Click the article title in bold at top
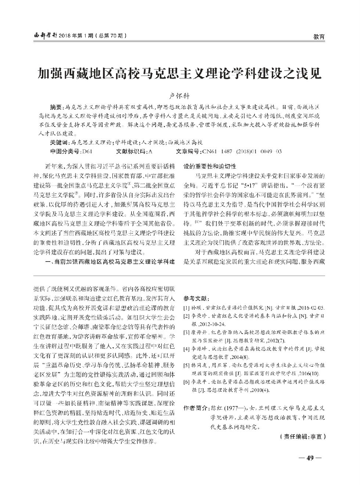(x=180, y=74)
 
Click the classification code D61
(x=87, y=151)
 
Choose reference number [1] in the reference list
(x=186, y=307)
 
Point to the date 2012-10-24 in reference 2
(x=214, y=324)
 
